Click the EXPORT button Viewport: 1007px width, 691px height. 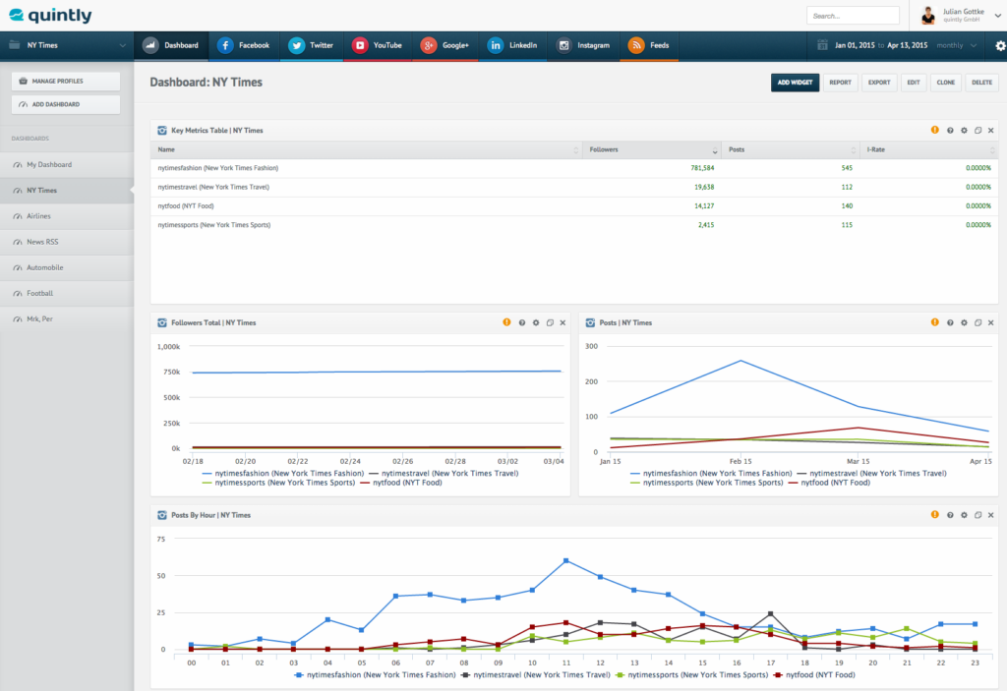click(878, 83)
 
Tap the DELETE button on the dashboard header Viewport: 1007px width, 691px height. click(981, 83)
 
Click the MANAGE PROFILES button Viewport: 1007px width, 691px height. click(66, 81)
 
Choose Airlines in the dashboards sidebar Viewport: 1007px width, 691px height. click(39, 216)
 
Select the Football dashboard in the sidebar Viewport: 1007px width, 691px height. click(40, 293)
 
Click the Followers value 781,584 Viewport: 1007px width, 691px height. click(702, 168)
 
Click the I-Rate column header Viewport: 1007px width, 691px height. click(876, 149)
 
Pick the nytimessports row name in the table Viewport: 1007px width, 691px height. click(213, 225)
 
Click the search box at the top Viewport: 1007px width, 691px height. click(852, 16)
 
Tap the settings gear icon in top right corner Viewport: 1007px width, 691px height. click(1000, 45)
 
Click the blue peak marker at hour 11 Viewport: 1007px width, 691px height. click(566, 560)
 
